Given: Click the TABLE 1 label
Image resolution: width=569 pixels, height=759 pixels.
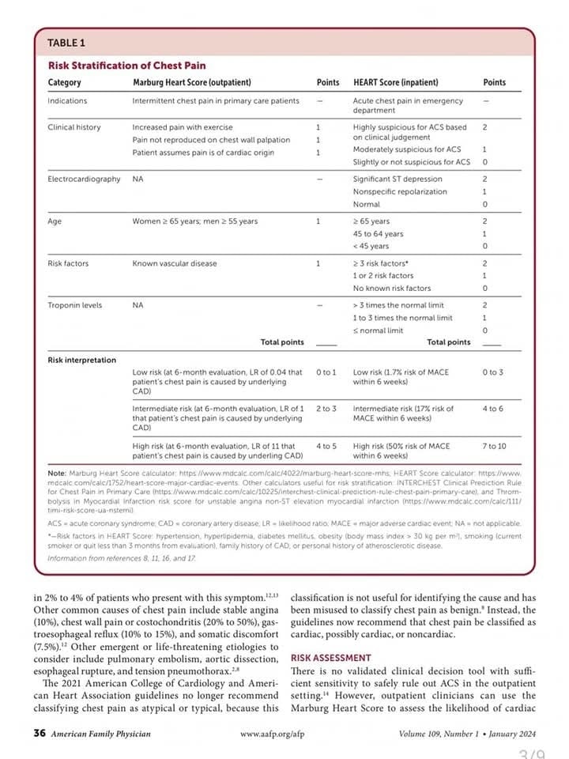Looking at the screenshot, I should point(66,42).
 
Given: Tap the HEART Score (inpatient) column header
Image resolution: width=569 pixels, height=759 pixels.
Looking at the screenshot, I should point(395,82).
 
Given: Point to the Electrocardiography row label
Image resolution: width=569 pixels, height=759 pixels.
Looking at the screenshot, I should point(85,179).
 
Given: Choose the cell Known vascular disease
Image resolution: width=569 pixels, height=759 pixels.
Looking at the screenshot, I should point(175,263).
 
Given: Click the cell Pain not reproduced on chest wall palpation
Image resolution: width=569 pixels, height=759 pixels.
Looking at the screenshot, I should point(211,140).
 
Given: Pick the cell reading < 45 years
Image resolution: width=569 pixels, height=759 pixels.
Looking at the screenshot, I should point(371,246).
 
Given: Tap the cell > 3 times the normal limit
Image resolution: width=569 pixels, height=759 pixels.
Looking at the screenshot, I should point(398,305).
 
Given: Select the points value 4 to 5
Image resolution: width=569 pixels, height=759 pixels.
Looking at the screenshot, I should point(326,446).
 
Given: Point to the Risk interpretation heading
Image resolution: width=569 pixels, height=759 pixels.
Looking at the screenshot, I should point(82,361).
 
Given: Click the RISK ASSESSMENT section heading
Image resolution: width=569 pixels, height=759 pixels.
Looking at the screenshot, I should point(331,658).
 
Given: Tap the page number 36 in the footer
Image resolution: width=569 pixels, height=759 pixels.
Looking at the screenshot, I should point(39,734).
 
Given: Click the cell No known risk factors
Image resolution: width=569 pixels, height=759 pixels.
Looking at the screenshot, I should point(392,288).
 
